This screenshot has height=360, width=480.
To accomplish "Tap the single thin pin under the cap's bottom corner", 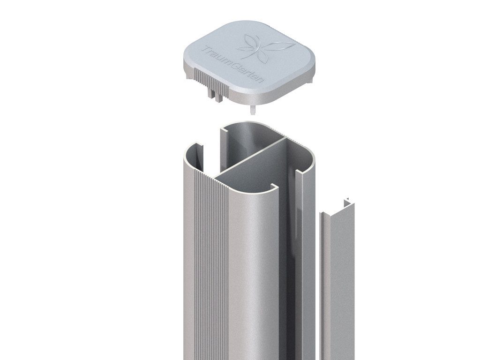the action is coord(253,110).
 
